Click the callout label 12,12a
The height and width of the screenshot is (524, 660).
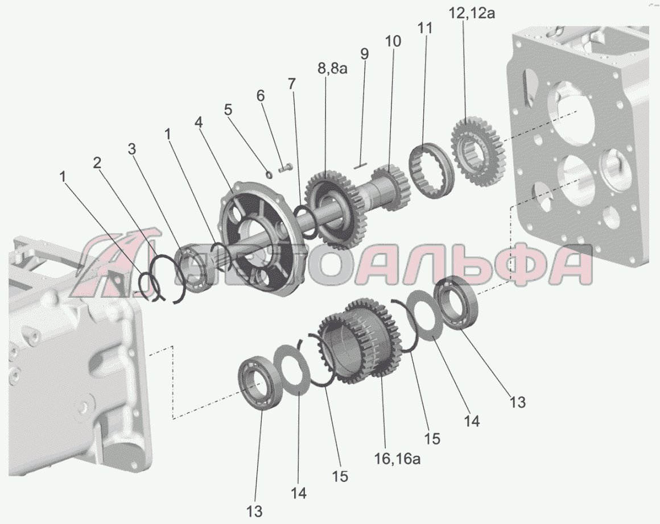[472, 13]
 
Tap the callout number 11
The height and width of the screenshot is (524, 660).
[424, 28]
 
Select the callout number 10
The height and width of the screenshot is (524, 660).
[393, 41]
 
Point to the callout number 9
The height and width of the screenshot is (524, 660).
[365, 54]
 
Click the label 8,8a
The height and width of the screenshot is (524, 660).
[332, 68]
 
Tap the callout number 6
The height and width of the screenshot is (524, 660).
[261, 96]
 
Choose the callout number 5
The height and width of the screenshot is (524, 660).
[228, 110]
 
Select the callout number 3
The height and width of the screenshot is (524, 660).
[132, 149]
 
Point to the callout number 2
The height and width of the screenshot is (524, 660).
[97, 163]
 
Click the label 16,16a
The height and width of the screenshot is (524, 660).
[397, 459]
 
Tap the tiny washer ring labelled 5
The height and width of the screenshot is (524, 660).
[269, 173]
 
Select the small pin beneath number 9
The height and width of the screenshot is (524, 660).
[361, 166]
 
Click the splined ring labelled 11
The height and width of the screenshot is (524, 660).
[431, 169]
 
